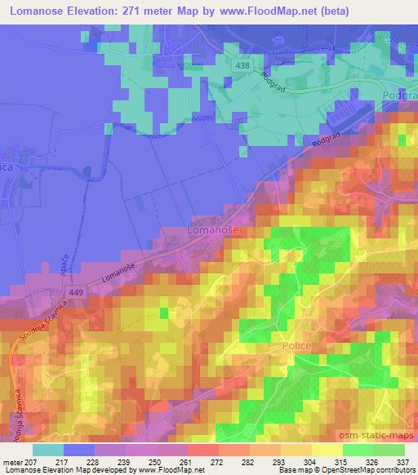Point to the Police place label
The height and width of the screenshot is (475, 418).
(x=297, y=346)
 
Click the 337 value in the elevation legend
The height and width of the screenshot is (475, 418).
(x=403, y=462)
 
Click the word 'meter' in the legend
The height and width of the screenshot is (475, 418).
(x=13, y=462)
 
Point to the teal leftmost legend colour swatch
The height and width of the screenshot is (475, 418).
(x=48, y=450)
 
